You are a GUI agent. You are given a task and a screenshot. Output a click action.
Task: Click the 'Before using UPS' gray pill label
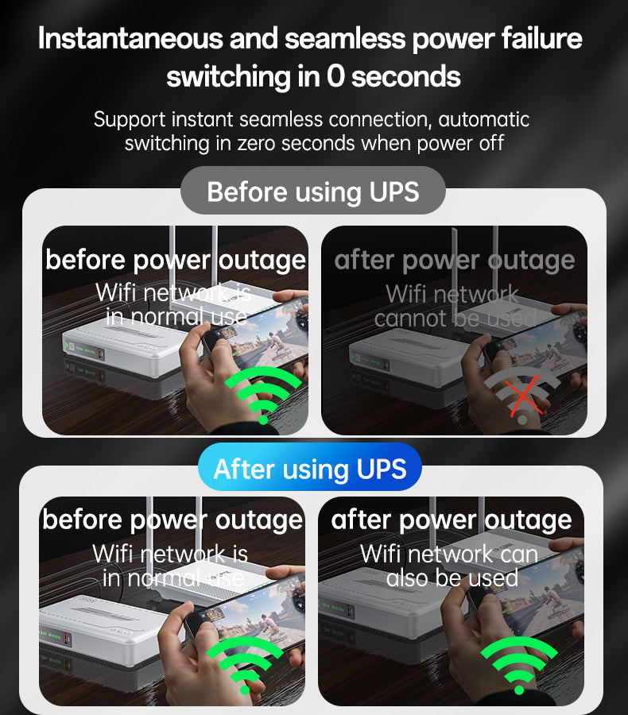[313, 191]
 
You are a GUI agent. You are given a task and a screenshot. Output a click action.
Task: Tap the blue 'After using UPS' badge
[310, 467]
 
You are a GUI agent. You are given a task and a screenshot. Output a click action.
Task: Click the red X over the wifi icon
[524, 396]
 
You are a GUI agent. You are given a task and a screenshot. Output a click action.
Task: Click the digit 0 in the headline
[335, 75]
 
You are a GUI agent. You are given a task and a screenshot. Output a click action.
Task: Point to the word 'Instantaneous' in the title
[130, 38]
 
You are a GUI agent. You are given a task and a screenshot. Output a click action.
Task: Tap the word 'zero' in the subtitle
[257, 144]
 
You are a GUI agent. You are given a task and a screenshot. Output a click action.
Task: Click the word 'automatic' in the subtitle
[484, 119]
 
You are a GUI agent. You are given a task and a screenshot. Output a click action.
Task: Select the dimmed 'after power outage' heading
[454, 261]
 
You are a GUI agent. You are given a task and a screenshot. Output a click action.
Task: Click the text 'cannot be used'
[455, 319]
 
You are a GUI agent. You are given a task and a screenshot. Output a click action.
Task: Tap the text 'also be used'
[452, 578]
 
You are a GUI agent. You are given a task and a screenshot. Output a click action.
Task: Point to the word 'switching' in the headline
[228, 76]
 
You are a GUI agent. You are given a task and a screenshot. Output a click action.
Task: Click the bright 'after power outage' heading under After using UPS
[451, 520]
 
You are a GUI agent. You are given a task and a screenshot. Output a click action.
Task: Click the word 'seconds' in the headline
[406, 76]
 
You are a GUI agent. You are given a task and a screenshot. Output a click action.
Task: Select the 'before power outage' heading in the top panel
[176, 261]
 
